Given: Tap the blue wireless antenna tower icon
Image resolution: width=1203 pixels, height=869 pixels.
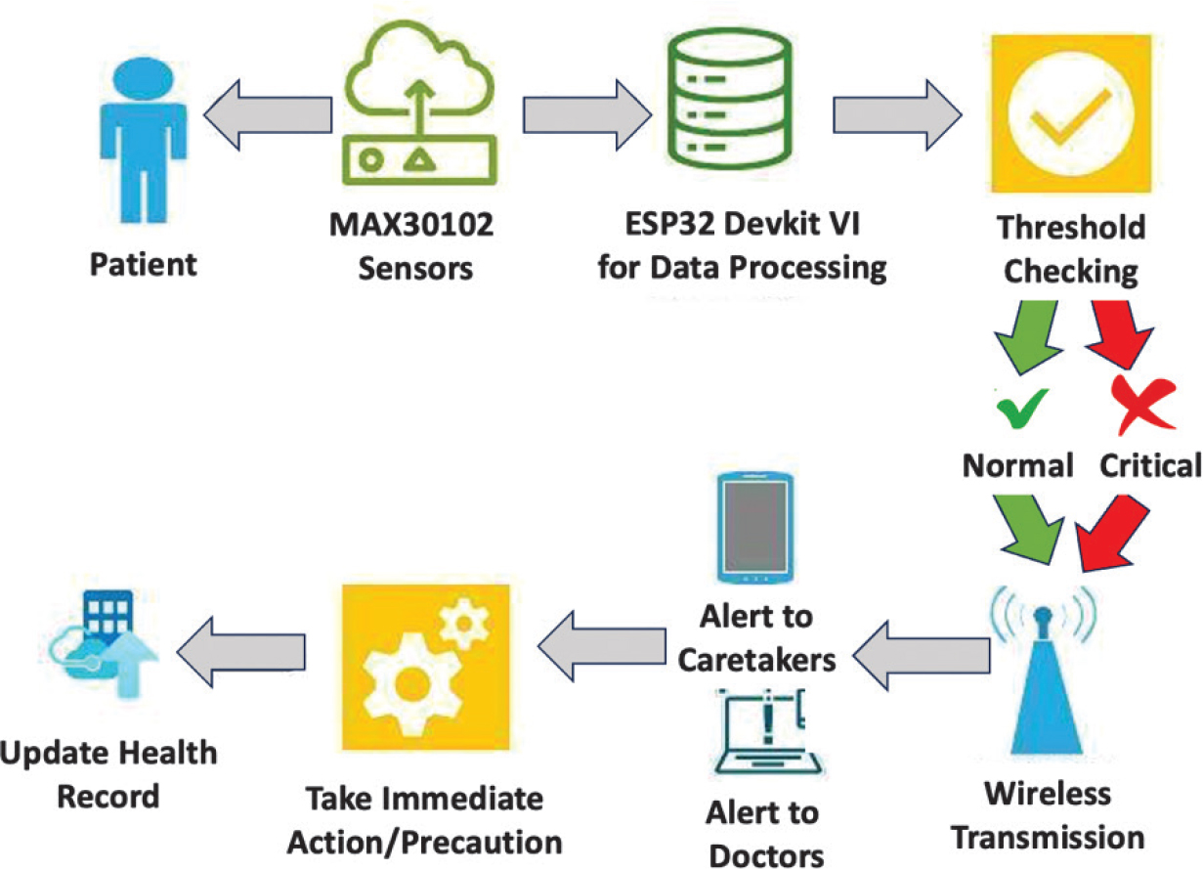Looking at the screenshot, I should tap(1044, 674).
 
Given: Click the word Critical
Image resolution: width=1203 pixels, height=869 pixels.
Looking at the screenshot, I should tap(1148, 465).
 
